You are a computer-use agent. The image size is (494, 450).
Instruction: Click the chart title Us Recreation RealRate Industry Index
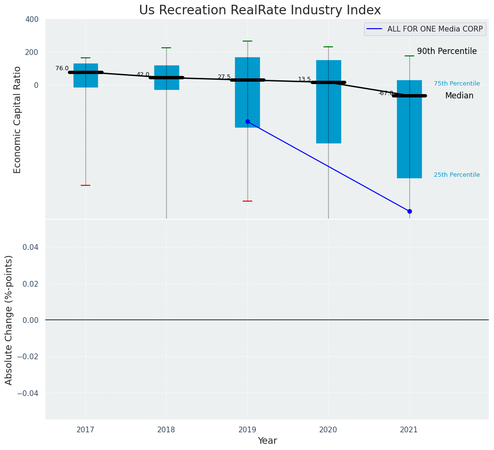[260, 11]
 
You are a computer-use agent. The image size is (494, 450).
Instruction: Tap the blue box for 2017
[86, 75]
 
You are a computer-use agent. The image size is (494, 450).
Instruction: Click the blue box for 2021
[409, 129]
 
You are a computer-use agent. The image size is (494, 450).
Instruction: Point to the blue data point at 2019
[247, 121]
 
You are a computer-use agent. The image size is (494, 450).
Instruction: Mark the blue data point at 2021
[409, 211]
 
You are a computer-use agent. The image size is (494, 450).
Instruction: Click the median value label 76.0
[62, 68]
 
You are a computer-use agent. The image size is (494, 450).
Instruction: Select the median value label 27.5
[224, 77]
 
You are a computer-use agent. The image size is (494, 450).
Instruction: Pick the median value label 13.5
[304, 79]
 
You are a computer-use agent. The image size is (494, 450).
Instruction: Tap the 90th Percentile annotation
[447, 51]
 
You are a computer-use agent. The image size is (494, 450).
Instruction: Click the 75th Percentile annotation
[457, 84]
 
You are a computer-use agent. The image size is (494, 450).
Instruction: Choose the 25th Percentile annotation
[457, 175]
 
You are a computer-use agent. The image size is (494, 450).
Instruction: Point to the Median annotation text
[459, 96]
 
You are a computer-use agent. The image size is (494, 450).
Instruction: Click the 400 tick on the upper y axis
[32, 20]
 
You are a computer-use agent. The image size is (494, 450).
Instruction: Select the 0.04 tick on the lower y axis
[29, 247]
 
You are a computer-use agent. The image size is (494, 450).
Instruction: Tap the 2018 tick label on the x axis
[166, 429]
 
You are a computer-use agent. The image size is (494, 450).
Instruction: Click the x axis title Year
[267, 441]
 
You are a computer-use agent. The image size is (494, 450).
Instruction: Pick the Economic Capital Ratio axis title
[18, 119]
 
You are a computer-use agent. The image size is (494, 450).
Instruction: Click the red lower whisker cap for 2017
[86, 185]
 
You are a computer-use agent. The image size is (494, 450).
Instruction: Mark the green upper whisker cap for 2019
[247, 41]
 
